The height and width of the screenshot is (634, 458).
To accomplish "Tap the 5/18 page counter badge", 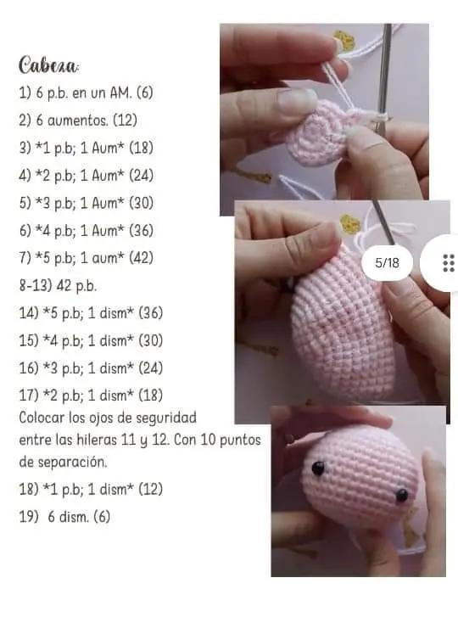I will [386, 263].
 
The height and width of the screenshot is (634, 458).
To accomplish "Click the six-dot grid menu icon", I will [449, 263].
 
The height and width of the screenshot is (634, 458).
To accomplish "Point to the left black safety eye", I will [318, 468].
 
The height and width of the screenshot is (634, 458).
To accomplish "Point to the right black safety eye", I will [401, 495].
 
